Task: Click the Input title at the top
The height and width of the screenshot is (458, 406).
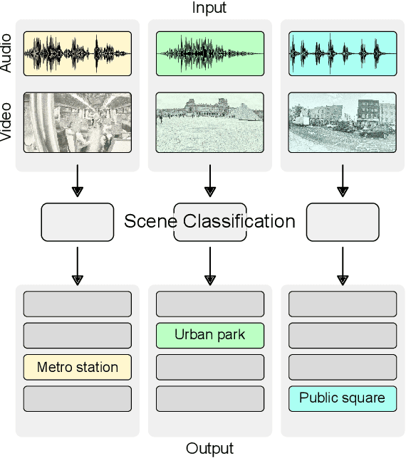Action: pos(209,8)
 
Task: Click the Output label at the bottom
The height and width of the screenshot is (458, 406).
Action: pos(209,448)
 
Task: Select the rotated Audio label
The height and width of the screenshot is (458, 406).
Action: pos(7,54)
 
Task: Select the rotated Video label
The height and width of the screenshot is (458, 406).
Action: pos(7,122)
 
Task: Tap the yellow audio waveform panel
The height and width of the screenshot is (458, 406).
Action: pos(78,53)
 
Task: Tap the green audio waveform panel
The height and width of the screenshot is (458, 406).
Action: pos(209,53)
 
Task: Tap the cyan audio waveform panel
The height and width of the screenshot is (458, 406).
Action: pos(342,53)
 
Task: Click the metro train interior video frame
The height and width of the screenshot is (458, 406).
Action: pos(78,122)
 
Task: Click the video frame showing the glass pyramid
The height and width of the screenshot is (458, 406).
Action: pos(209,122)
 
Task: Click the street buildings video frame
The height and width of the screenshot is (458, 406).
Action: pos(342,122)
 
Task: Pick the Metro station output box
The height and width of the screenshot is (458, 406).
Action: pos(78,367)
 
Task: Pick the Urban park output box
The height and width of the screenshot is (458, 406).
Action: pos(209,335)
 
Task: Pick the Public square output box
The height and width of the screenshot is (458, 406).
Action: pos(342,398)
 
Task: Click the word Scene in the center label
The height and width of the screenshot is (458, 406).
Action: pos(152,221)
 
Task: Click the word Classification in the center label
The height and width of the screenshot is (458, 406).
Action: pos(239,221)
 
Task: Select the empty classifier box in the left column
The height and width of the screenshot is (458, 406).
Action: pos(78,222)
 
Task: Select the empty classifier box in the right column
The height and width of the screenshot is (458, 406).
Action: pos(343,222)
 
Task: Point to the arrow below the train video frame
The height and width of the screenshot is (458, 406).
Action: pos(78,183)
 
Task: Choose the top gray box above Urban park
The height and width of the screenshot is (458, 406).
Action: pos(209,304)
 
